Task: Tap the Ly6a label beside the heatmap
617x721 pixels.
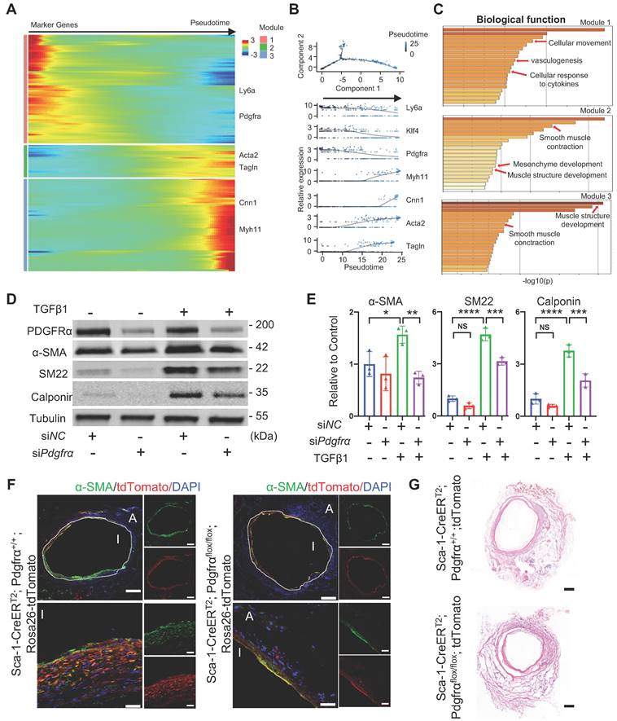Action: [247, 93]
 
